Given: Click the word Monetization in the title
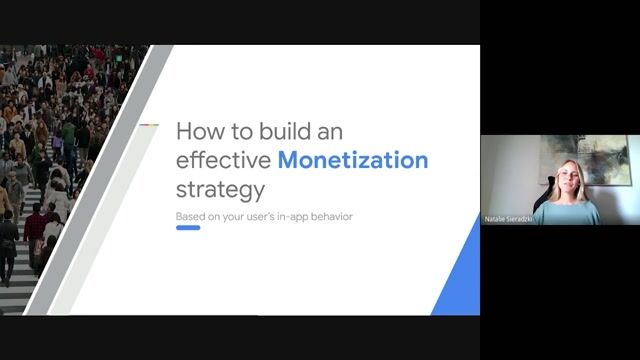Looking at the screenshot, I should (353, 160).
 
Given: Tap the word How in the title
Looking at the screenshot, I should (195, 131).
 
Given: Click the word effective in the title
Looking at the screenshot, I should (223, 160).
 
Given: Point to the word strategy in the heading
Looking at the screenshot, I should (220, 189).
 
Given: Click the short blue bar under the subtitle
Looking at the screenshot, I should (188, 228).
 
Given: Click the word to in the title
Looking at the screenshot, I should (229, 131).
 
